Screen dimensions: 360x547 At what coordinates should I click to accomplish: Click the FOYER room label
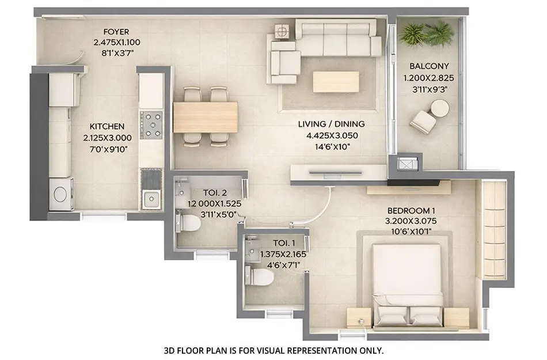click(x=116, y=32)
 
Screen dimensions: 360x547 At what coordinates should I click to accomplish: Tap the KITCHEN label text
click(x=107, y=126)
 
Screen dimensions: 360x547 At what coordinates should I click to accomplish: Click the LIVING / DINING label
click(x=331, y=124)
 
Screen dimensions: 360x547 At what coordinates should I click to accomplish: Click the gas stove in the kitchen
click(x=152, y=125)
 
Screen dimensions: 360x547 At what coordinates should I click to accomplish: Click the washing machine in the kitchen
click(x=60, y=194)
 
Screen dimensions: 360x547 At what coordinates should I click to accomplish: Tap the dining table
click(x=206, y=117)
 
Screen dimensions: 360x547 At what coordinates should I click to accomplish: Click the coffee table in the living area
click(x=336, y=82)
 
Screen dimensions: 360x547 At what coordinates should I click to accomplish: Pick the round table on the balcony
click(x=440, y=108)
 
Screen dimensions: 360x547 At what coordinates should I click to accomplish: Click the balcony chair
click(x=423, y=122)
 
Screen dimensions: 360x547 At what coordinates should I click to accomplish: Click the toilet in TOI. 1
click(x=261, y=277)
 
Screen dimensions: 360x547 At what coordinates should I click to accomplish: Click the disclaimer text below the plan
click(x=273, y=350)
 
